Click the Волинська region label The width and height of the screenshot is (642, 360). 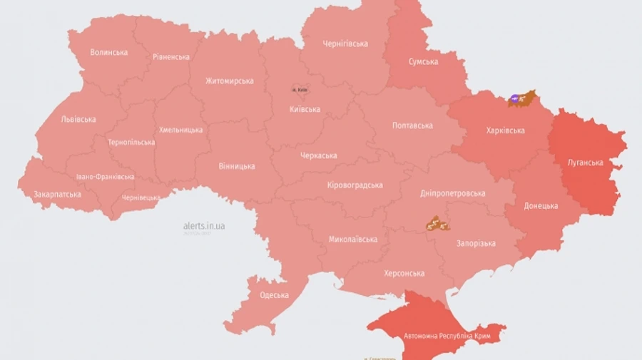click(109, 52)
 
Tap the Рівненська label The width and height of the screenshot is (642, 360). click(171, 57)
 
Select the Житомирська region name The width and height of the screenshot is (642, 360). click(230, 81)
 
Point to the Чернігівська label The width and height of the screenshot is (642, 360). click(345, 43)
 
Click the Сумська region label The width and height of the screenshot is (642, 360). click(423, 62)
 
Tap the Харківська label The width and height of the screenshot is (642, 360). click(505, 130)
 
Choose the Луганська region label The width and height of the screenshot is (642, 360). click(585, 163)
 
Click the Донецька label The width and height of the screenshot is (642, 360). click(541, 206)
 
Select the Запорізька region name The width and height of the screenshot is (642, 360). click(476, 243)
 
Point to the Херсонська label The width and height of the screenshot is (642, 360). click(404, 273)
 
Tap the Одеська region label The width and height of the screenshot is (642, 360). click(274, 295)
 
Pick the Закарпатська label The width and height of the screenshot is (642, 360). click(57, 194)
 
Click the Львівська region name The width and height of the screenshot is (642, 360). click(78, 119)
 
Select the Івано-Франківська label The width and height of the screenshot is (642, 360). click(105, 176)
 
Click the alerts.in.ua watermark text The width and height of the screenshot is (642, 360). click(204, 226)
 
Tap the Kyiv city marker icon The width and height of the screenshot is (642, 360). click(300, 90)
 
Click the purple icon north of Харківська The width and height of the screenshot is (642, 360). click(516, 98)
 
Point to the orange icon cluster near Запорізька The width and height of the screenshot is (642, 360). click(436, 225)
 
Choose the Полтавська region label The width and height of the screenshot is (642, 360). click(412, 125)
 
